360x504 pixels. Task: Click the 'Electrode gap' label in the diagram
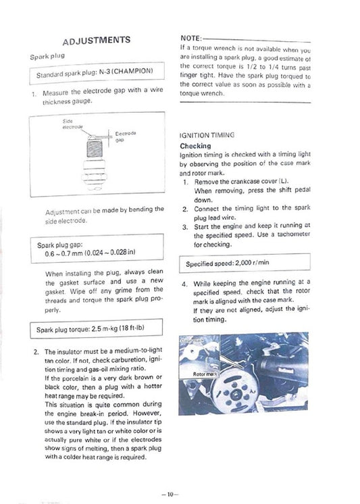[x=126, y=136]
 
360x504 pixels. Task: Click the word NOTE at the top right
[x=190, y=39]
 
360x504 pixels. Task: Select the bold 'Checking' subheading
[x=195, y=145]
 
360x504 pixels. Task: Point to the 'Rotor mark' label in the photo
[x=205, y=373]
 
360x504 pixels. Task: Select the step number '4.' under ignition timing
[x=184, y=284]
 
